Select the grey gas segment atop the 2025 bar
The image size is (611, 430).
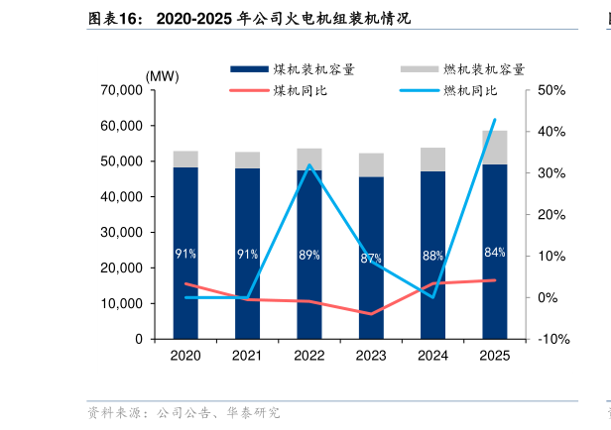(495, 147)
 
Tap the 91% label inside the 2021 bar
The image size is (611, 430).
(247, 255)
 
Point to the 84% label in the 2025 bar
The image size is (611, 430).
(495, 253)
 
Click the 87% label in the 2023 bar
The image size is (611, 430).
(371, 259)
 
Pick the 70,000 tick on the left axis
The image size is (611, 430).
(122, 90)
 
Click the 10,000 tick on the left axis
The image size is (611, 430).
(122, 303)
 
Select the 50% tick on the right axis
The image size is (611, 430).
(551, 90)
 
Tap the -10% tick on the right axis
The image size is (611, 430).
(552, 339)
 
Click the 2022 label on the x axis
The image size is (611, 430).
(309, 356)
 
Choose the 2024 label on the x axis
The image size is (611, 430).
(432, 356)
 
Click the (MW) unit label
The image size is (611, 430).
(162, 76)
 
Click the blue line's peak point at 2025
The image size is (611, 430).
(495, 120)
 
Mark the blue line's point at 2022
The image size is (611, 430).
(309, 164)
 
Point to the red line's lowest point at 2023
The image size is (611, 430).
(371, 314)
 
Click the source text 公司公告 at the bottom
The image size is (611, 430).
(183, 412)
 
